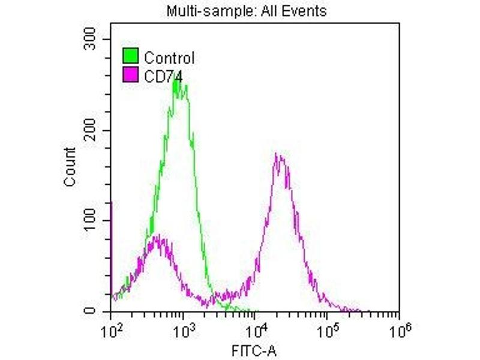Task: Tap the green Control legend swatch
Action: pos(131,57)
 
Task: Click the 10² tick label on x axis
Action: pos(110,328)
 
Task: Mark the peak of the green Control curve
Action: pos(177,78)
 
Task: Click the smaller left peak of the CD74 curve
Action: pos(157,237)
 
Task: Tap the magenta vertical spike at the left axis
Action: pos(112,252)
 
